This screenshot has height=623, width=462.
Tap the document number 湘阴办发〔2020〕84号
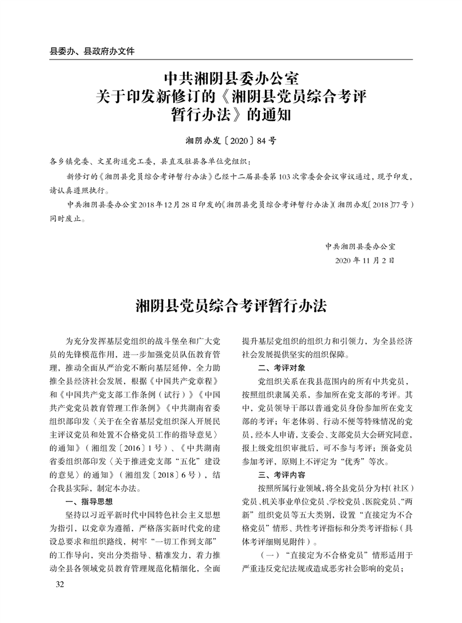230,139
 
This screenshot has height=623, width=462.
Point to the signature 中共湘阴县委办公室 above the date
360,246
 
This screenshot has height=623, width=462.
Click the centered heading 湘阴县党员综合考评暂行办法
231,306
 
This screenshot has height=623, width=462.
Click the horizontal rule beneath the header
230,59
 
